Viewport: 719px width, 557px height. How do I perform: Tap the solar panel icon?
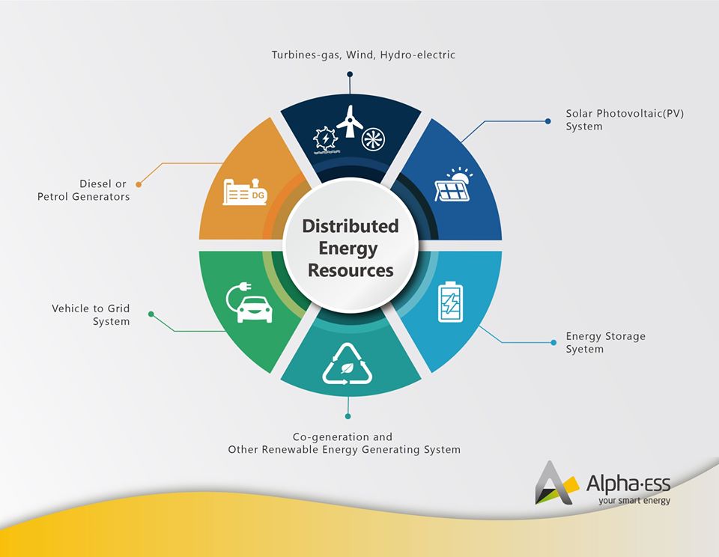pyautogui.click(x=453, y=186)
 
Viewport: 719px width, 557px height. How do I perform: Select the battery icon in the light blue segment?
pyautogui.click(x=450, y=300)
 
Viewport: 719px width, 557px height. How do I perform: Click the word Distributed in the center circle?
pyautogui.click(x=350, y=226)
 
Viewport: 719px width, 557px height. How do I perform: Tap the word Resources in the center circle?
pyautogui.click(x=350, y=270)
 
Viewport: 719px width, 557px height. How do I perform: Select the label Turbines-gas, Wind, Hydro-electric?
pyautogui.click(x=363, y=55)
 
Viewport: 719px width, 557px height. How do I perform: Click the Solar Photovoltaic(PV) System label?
pyautogui.click(x=625, y=120)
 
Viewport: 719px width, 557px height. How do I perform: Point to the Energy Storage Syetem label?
pyautogui.click(x=605, y=343)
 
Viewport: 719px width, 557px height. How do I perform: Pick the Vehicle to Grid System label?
pyautogui.click(x=91, y=314)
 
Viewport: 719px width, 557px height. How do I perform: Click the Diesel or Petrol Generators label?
pyautogui.click(x=84, y=190)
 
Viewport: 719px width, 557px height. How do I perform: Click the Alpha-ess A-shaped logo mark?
pyautogui.click(x=554, y=482)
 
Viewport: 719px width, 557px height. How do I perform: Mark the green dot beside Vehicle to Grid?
pyautogui.click(x=151, y=314)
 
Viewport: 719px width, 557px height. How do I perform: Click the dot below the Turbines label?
pyautogui.click(x=350, y=74)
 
